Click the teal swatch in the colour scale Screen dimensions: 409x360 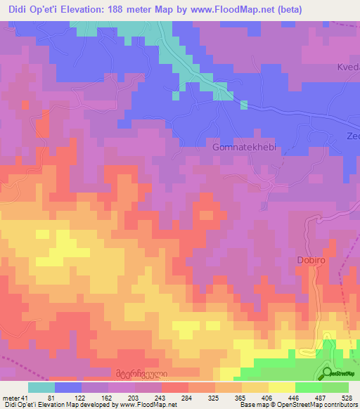click(x=41, y=387)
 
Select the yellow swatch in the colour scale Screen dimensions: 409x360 click(x=282, y=387)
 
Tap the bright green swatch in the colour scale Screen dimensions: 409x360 click(x=308, y=387)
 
